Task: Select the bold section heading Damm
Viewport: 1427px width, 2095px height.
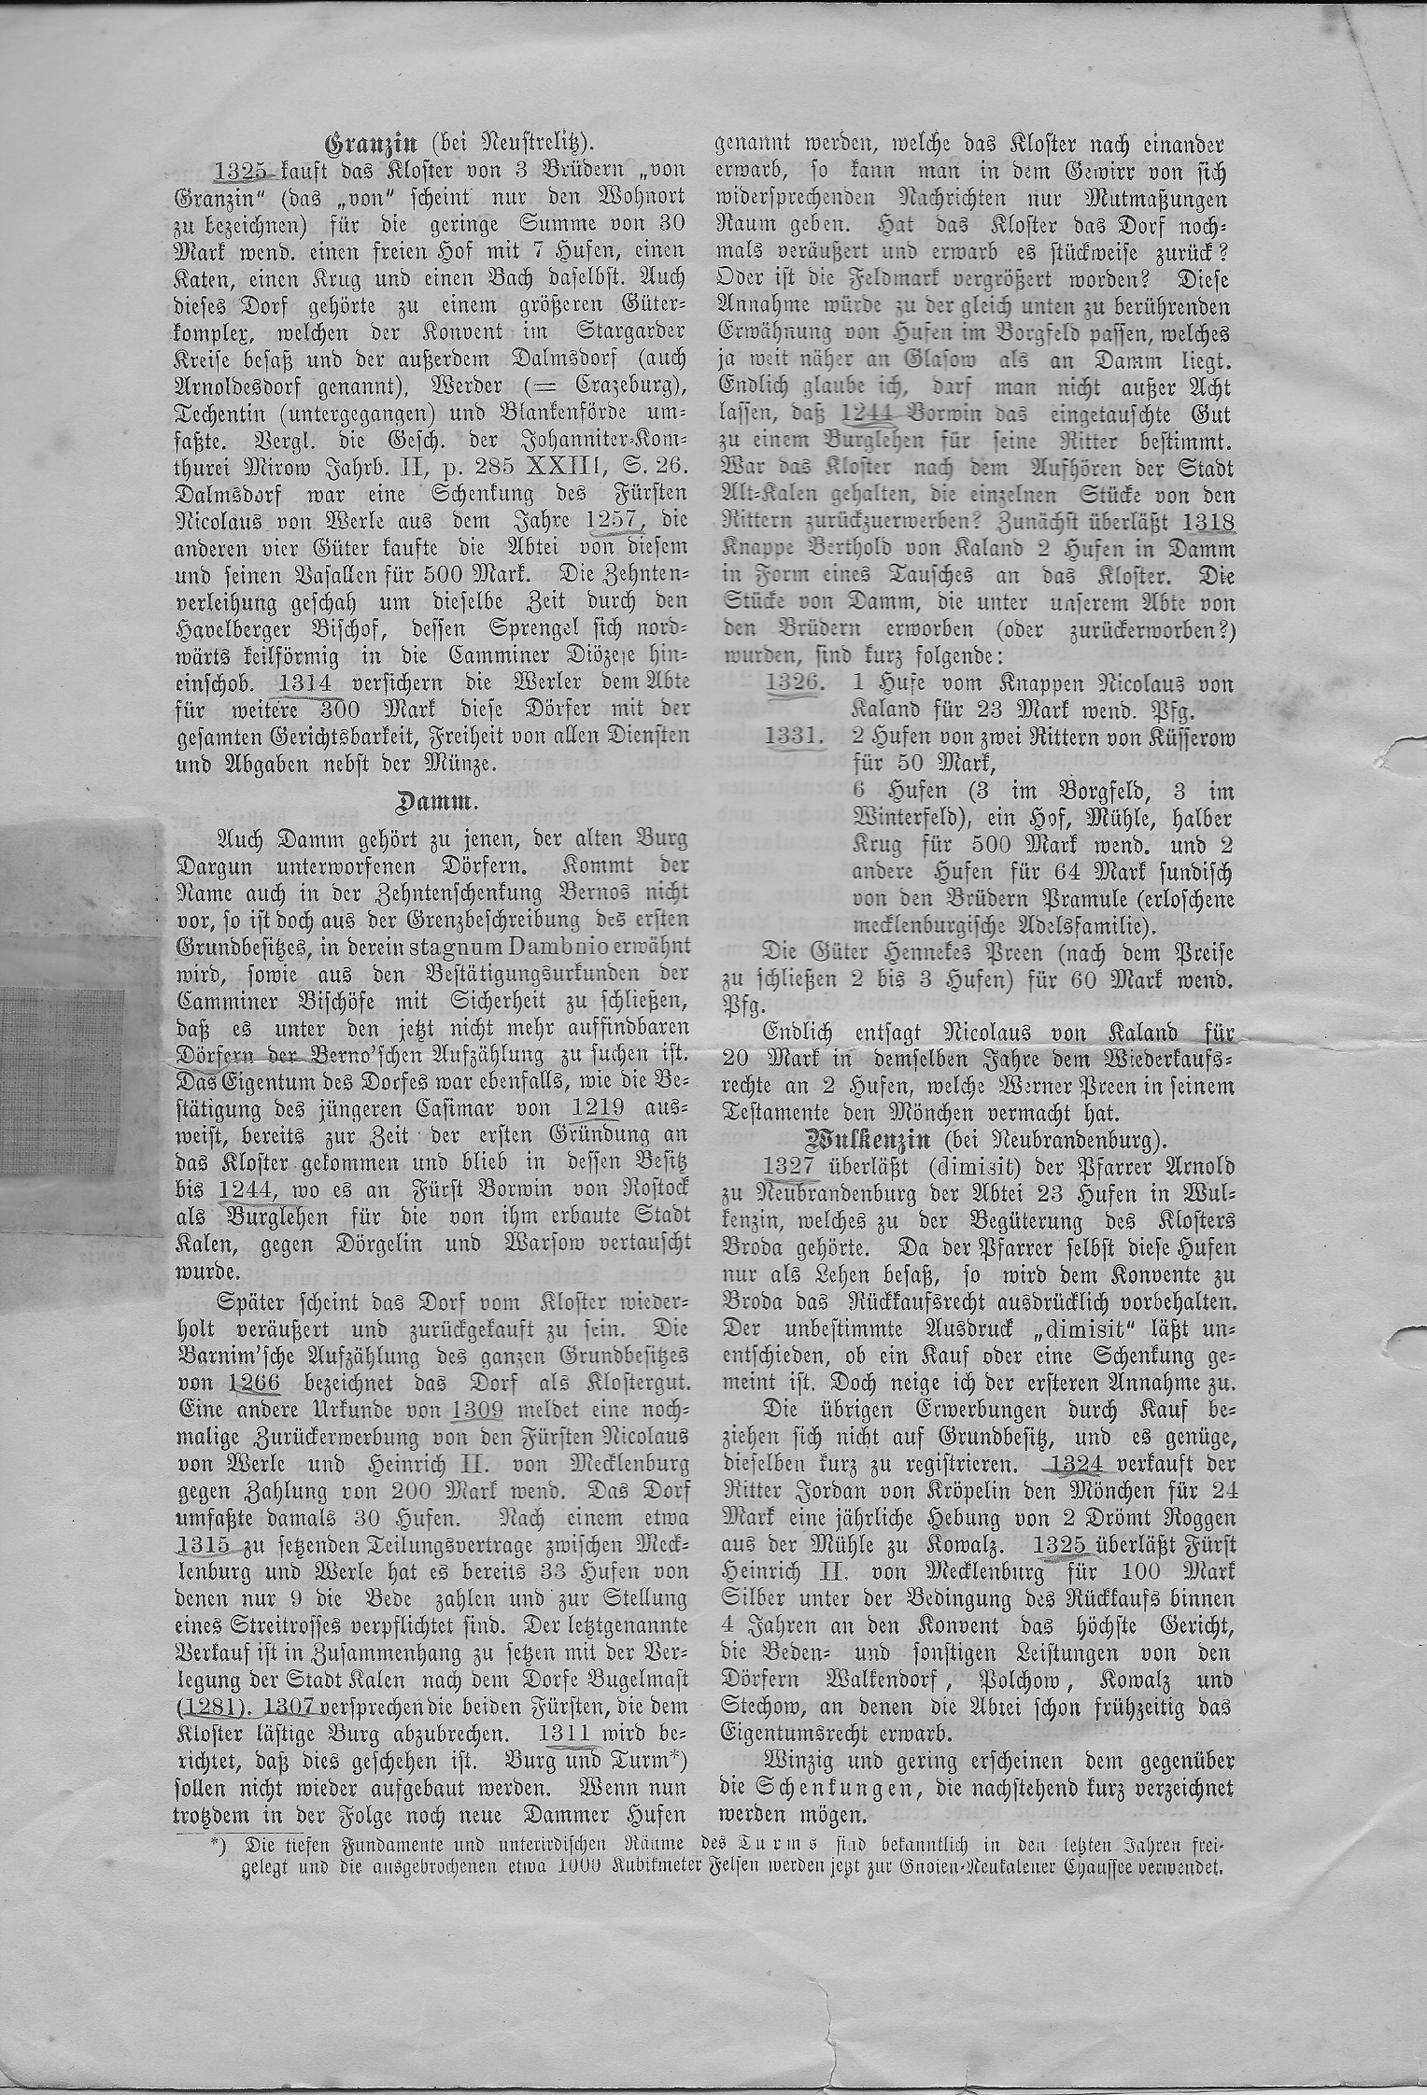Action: tap(427, 802)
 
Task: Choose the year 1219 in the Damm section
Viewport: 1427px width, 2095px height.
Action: tap(603, 1109)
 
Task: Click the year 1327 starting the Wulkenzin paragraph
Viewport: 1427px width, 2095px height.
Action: tap(791, 1166)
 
